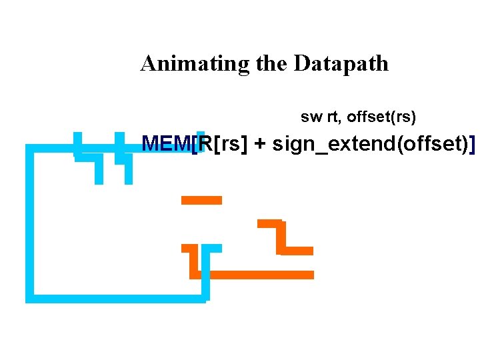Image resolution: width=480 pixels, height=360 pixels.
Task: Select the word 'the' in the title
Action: [x=271, y=64]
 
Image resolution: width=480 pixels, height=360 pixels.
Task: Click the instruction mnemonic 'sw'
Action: [x=311, y=118]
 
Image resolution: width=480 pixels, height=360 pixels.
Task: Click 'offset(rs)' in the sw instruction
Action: [x=381, y=118]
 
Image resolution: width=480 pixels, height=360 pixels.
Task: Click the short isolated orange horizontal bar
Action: [x=201, y=199]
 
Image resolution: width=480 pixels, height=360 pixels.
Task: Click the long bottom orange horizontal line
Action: [x=260, y=274]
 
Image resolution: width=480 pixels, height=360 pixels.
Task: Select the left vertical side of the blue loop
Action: [x=29, y=223]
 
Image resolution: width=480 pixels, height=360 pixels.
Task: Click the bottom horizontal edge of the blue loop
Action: [x=117, y=299]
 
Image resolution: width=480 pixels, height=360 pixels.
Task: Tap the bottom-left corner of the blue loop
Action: [x=29, y=299]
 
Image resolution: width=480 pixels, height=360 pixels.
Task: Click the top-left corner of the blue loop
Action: [x=29, y=149]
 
